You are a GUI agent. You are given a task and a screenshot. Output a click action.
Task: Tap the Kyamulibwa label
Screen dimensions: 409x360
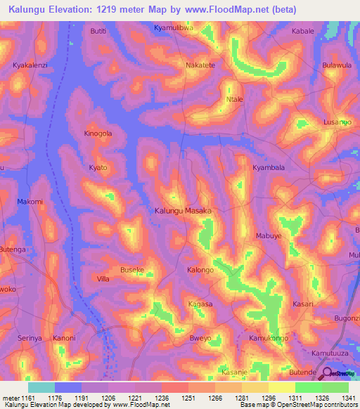[x=173, y=28]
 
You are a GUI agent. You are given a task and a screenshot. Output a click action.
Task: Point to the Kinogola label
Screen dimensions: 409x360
[x=98, y=134]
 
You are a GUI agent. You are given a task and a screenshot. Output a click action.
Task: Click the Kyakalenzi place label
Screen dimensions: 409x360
[x=30, y=65]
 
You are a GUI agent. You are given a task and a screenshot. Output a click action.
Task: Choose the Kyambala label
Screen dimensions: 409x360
[x=269, y=168]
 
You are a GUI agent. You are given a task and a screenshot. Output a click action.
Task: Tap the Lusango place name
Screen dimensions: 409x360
[x=337, y=122]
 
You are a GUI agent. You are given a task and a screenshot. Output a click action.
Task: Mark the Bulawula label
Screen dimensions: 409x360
[x=336, y=65]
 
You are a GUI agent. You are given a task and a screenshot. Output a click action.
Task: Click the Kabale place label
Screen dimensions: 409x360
[x=303, y=32]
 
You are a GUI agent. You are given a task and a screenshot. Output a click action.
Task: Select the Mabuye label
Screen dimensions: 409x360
[x=268, y=236]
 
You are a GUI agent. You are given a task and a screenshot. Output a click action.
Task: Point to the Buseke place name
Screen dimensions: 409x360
[x=132, y=270]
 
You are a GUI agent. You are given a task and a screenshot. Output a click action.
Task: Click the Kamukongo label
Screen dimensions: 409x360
[x=269, y=339]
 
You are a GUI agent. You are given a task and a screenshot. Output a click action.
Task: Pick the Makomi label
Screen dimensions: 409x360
[x=30, y=202]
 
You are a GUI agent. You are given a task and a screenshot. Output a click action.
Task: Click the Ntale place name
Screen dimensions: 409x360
[x=234, y=100]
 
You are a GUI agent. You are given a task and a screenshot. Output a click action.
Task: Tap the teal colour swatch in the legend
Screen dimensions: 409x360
[x=41, y=387]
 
